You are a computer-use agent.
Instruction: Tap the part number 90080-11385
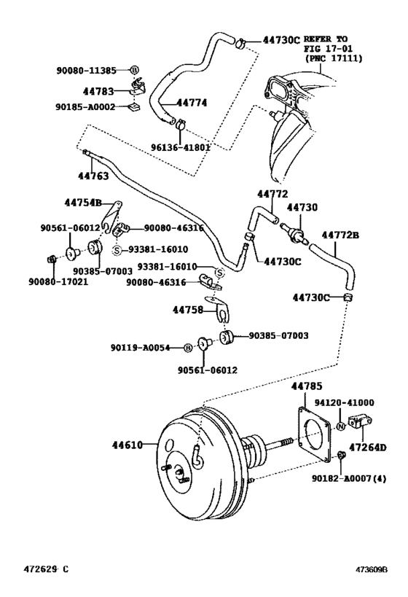click(x=86, y=70)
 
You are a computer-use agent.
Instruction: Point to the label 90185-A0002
click(x=86, y=106)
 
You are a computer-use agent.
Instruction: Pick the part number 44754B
click(x=84, y=203)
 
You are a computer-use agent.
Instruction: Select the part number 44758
click(x=189, y=309)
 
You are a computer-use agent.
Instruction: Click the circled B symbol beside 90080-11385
click(x=134, y=70)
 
